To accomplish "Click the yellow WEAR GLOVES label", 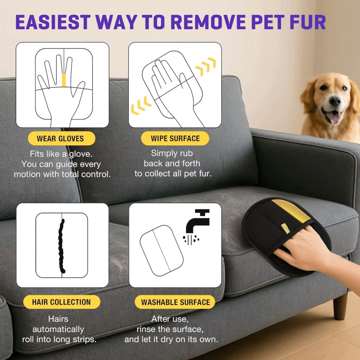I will (60, 138).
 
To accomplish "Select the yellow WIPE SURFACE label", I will (175, 138).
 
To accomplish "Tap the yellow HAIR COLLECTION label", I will (61, 302).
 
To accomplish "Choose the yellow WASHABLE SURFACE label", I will (175, 302).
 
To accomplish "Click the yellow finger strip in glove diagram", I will (64, 80).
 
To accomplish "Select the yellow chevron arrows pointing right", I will (205, 67).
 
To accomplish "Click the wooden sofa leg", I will (340, 306).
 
